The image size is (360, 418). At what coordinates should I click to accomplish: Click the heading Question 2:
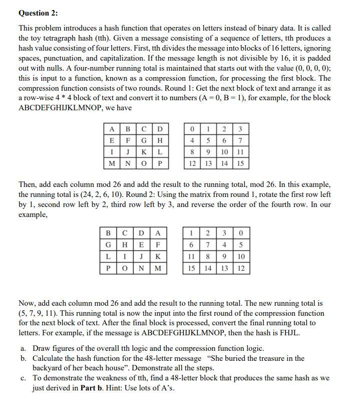tap(38, 13)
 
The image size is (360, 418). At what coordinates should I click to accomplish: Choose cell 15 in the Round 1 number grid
tap(240, 163)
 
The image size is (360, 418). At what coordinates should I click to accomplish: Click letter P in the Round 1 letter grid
tap(160, 163)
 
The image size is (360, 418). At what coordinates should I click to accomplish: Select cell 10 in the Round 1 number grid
tap(224, 152)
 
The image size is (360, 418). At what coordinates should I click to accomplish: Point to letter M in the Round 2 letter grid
tap(158, 269)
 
